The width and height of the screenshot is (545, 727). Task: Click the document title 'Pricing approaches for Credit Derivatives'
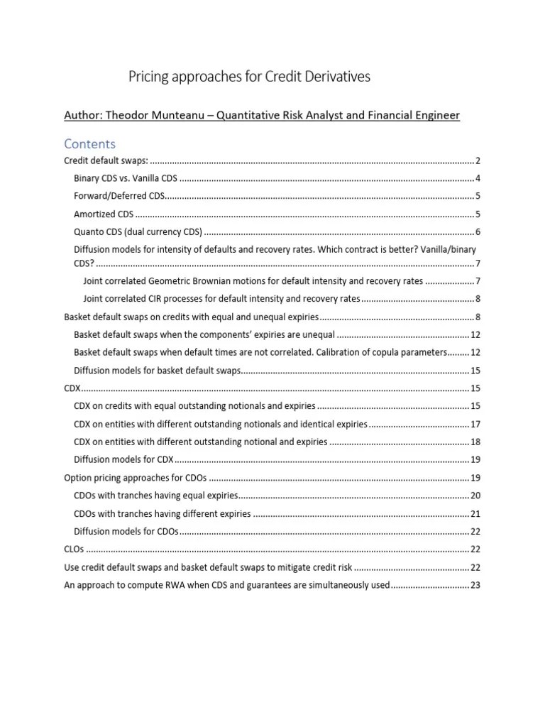tap(249, 77)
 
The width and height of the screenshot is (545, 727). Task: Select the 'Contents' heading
tap(89, 144)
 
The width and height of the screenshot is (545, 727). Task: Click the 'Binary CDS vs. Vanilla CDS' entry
tap(126, 178)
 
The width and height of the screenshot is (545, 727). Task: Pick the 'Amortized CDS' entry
tap(104, 214)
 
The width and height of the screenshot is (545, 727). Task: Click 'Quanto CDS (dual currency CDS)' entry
tap(138, 231)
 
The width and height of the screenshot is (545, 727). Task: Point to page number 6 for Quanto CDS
tap(478, 231)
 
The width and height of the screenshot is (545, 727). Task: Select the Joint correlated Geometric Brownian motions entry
tap(253, 280)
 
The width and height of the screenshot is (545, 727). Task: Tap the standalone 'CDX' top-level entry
tap(72, 388)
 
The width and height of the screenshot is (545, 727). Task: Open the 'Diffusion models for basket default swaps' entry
tap(158, 371)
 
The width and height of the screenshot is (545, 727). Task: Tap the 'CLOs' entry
tap(73, 549)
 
